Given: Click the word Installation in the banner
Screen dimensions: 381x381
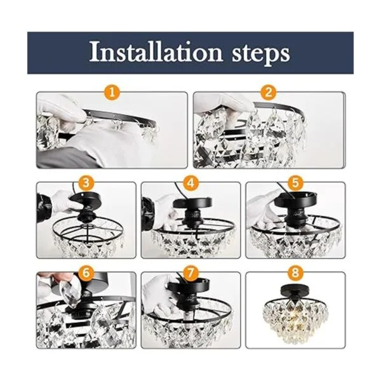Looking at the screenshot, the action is [156, 52].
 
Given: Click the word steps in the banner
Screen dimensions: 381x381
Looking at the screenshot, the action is [261, 54].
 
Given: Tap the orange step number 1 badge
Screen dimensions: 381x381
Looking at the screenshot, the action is [112, 92].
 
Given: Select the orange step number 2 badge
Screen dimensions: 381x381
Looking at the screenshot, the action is [268, 92].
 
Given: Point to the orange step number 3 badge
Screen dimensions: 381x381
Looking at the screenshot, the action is [86, 182].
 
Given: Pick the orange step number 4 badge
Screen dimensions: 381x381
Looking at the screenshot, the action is [191, 182].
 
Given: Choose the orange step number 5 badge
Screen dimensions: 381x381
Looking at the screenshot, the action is [295, 182].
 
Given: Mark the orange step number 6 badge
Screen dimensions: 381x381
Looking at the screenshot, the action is [86, 272].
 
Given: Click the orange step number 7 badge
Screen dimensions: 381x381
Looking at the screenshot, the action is [191, 272].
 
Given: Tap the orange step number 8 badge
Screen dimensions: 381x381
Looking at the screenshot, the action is [295, 272].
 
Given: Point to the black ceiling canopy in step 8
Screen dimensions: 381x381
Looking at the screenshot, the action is [295, 290].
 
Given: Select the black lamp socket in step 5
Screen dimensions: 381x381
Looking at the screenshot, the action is [295, 215].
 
